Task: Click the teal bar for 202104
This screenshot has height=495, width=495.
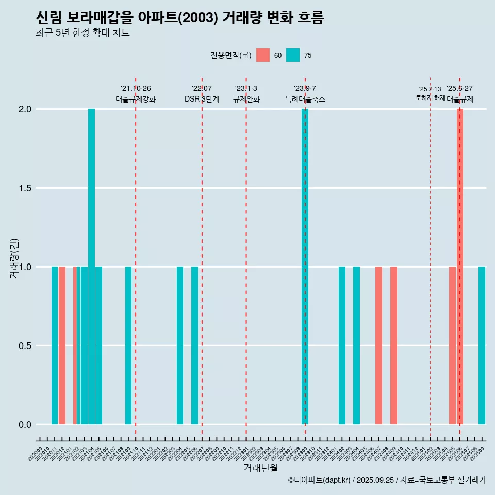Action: coord(91,267)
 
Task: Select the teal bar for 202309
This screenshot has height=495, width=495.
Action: coord(305,267)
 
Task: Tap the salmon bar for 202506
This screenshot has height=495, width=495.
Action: coord(460,267)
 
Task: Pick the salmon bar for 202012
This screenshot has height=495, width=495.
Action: coord(62,345)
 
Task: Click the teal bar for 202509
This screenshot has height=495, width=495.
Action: coord(482,345)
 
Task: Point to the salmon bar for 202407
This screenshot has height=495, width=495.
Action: coord(378,345)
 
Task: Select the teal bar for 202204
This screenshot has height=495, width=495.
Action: coord(180,345)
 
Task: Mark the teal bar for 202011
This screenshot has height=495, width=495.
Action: coord(55,345)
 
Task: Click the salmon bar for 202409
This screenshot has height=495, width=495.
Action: coord(393,345)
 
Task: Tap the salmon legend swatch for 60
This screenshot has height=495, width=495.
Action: coord(263,55)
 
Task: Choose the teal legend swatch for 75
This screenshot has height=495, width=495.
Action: coord(293,55)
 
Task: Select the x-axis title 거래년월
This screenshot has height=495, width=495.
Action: coord(260,468)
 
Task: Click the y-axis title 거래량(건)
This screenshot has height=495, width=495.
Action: coord(14,258)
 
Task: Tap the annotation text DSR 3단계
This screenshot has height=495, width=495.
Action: coord(202,99)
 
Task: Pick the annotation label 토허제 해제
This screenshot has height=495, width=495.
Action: coord(430,98)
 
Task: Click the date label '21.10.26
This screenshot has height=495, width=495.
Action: coord(136,88)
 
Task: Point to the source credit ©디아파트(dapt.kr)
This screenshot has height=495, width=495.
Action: coord(319,480)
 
